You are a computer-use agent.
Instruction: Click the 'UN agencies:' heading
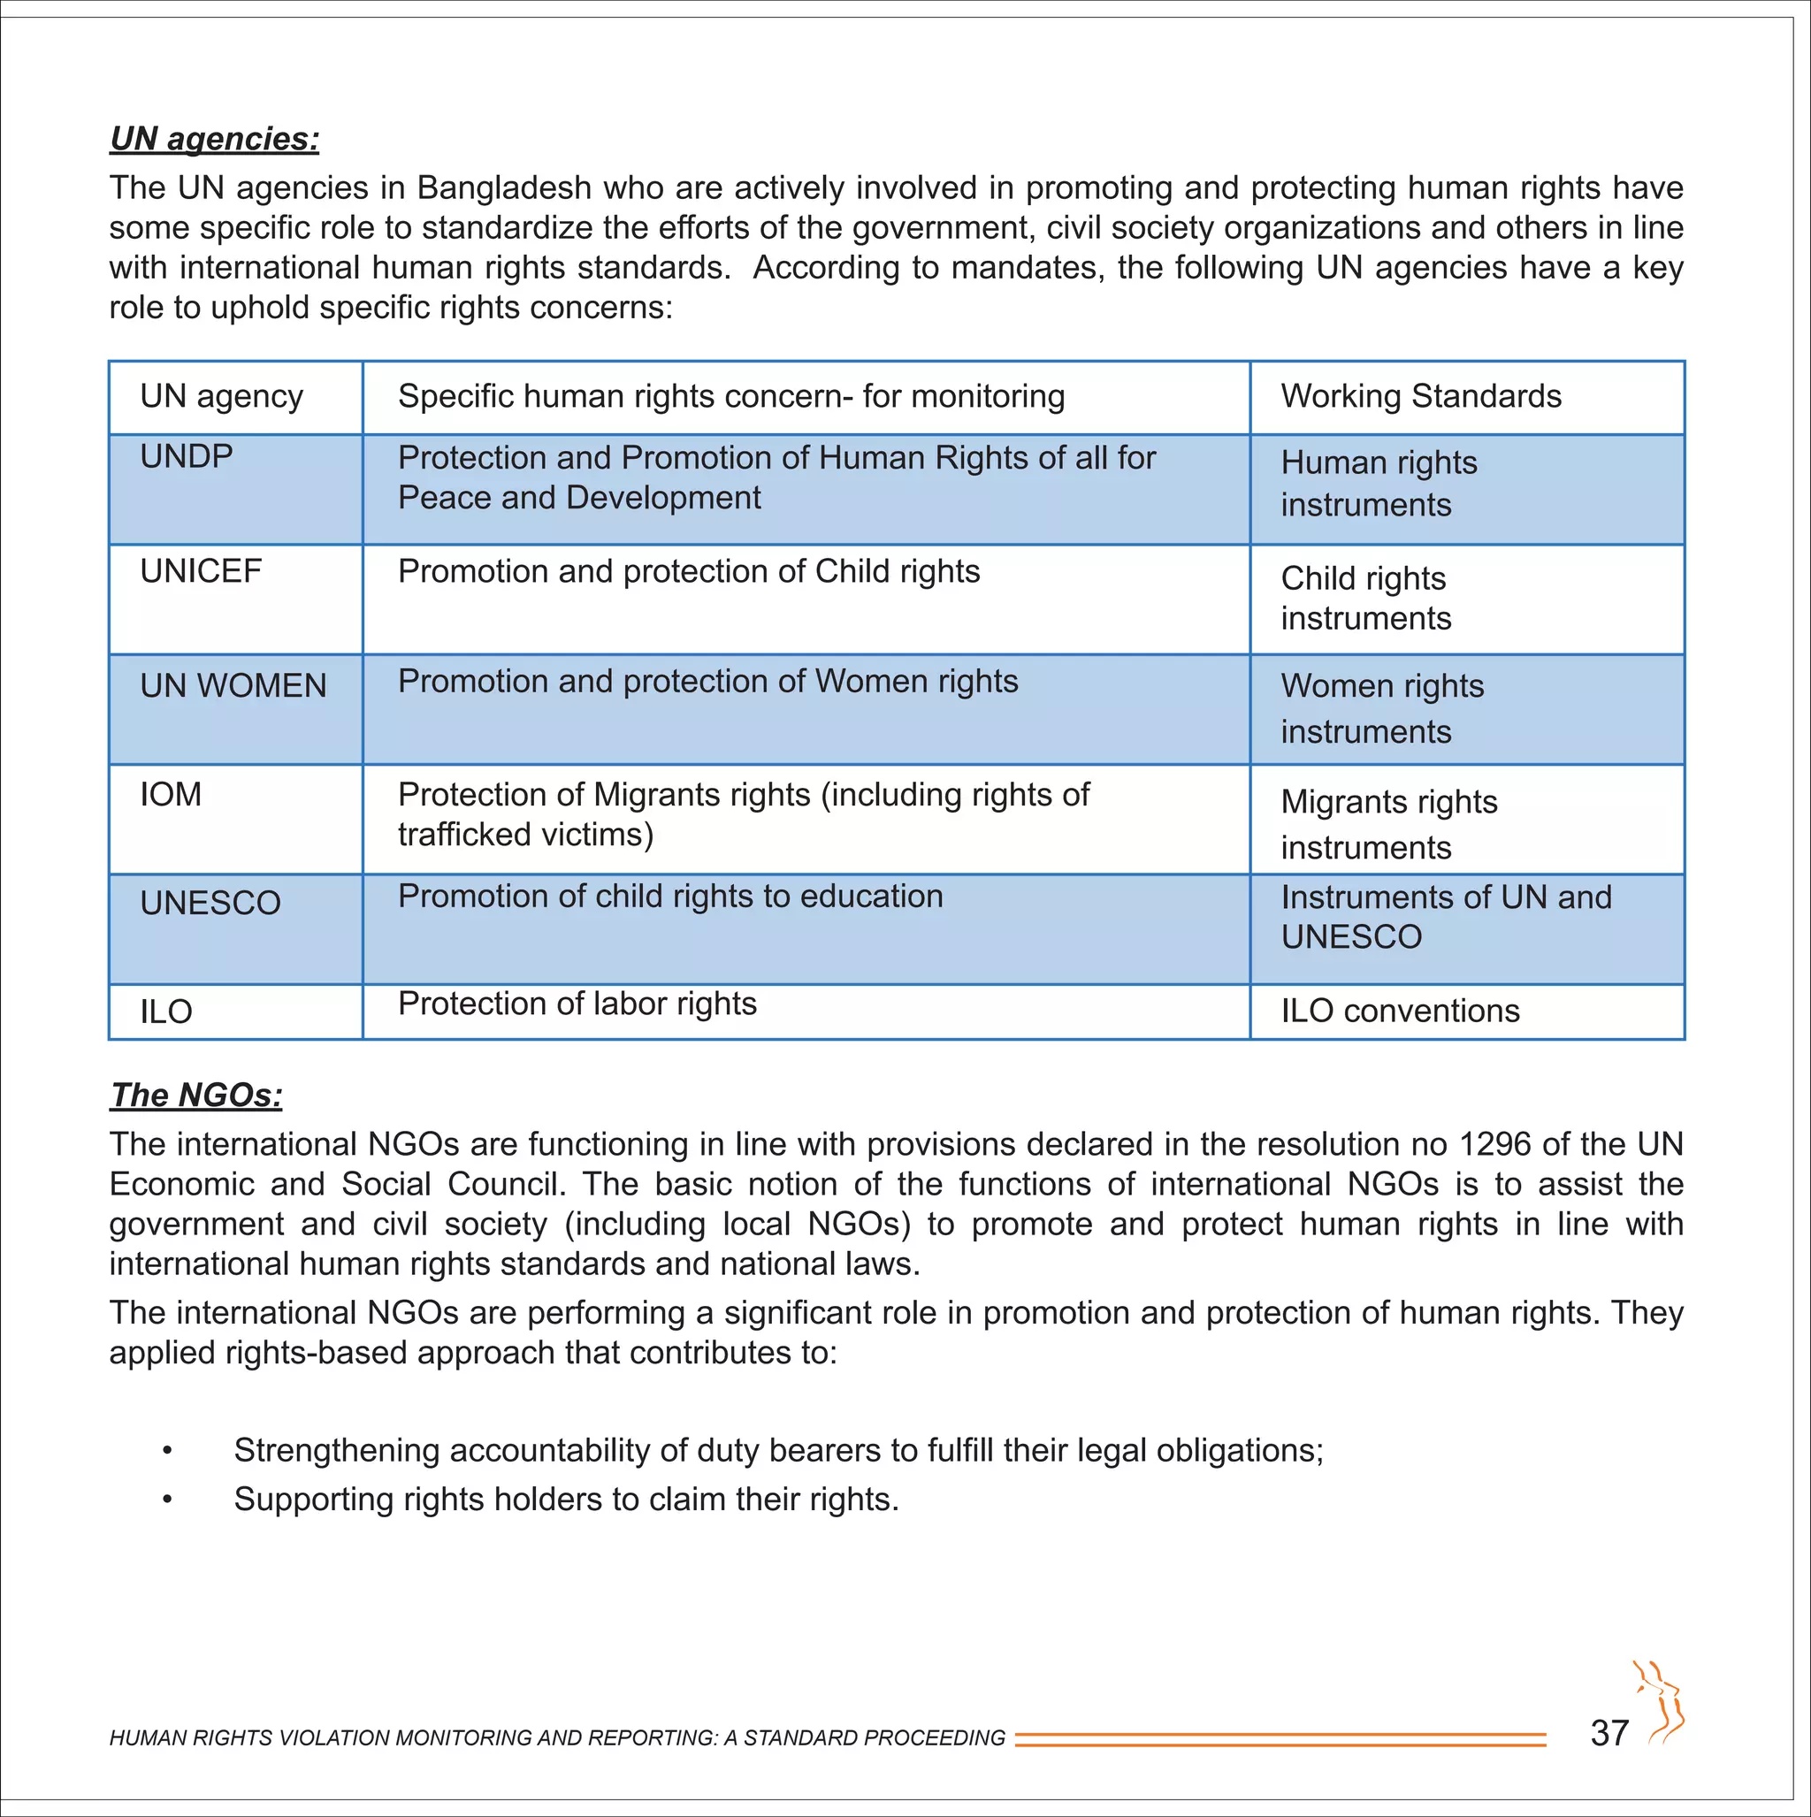click(x=215, y=139)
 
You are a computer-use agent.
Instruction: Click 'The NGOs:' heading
click(x=195, y=1096)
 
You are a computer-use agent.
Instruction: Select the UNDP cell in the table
click(x=187, y=457)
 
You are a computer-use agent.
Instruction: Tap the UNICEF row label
click(x=201, y=572)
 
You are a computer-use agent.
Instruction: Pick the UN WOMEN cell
click(x=233, y=686)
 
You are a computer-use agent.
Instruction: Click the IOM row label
click(x=171, y=796)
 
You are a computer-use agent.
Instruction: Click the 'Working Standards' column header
click(x=1420, y=397)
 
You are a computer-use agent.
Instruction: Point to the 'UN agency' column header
click(x=221, y=397)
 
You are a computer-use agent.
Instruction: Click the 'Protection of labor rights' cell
click(x=577, y=1004)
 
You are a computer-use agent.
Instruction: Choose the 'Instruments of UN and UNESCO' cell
click(x=1445, y=918)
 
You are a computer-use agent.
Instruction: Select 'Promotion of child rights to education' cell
click(x=669, y=897)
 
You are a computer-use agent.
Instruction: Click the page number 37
click(x=1609, y=1733)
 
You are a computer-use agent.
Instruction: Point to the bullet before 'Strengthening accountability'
click(x=166, y=1452)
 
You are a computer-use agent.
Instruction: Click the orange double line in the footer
click(x=1280, y=1739)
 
